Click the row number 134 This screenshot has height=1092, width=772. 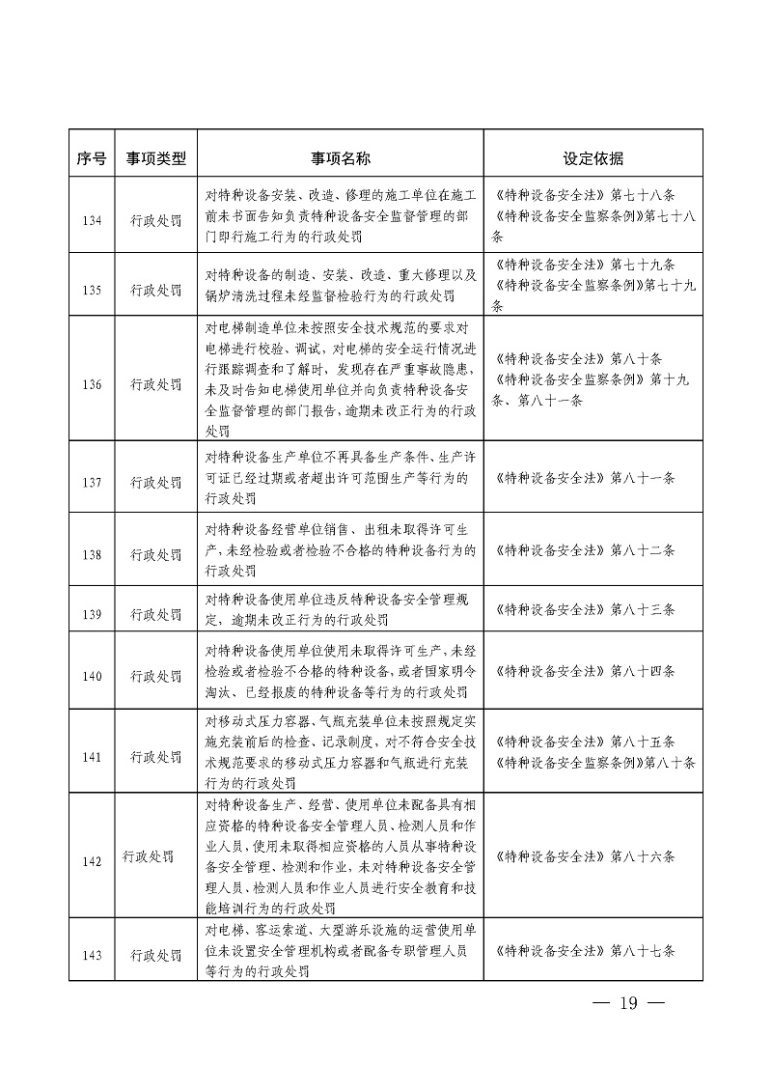pyautogui.click(x=92, y=219)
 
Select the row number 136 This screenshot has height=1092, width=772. pyautogui.click(x=92, y=384)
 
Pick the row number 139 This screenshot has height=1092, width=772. pyautogui.click(x=92, y=613)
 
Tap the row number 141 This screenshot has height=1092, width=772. pyautogui.click(x=92, y=757)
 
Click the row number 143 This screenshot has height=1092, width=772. pyautogui.click(x=92, y=955)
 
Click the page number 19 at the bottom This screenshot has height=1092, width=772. pyautogui.click(x=629, y=1002)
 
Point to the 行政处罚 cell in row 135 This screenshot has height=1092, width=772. pyautogui.click(x=155, y=289)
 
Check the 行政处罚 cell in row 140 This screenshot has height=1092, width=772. pyautogui.click(x=155, y=676)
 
